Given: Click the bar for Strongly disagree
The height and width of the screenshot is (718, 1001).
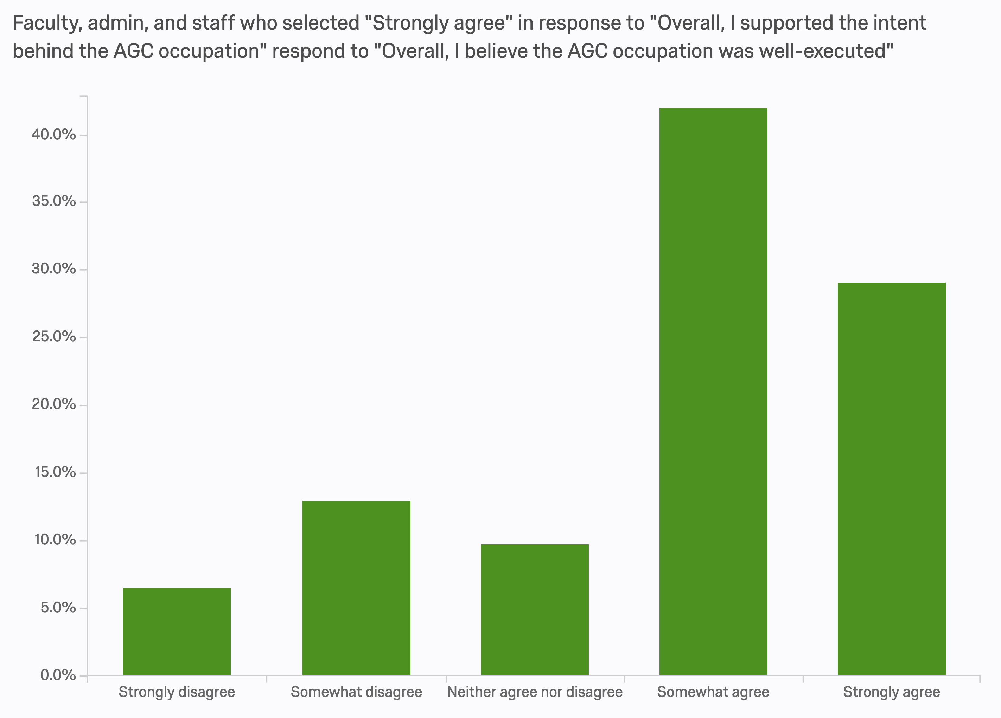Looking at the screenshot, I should coord(177,631).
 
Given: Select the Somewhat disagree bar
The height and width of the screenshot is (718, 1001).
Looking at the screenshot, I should coord(356,588).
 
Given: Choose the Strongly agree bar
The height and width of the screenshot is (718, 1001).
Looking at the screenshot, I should coord(892,479).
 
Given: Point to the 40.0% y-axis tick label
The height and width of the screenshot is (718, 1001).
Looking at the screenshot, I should coord(54,135).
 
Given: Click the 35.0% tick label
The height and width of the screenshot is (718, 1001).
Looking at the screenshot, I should coord(54,201).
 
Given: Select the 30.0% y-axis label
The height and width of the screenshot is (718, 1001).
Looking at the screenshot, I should coord(54,269).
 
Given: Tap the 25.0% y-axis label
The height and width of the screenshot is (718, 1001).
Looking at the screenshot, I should coord(54,337).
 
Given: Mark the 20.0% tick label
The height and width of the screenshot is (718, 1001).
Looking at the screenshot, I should coord(54,404).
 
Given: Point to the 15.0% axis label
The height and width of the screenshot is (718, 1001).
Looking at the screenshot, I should coord(55,472).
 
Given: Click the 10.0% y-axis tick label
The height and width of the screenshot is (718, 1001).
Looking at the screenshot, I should coord(55,540).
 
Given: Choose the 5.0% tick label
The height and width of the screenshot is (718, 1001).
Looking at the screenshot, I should coord(58,607).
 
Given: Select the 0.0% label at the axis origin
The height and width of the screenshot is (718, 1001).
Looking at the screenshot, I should coord(58,675).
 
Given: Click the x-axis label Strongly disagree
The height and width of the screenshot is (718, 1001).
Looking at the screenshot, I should coord(177,692).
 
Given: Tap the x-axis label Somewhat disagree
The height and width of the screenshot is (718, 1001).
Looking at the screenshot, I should coord(356,692).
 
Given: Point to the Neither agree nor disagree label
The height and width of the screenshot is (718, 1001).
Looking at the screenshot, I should coord(535,692).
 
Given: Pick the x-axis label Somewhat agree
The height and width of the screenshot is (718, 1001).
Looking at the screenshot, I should coord(713,692).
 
